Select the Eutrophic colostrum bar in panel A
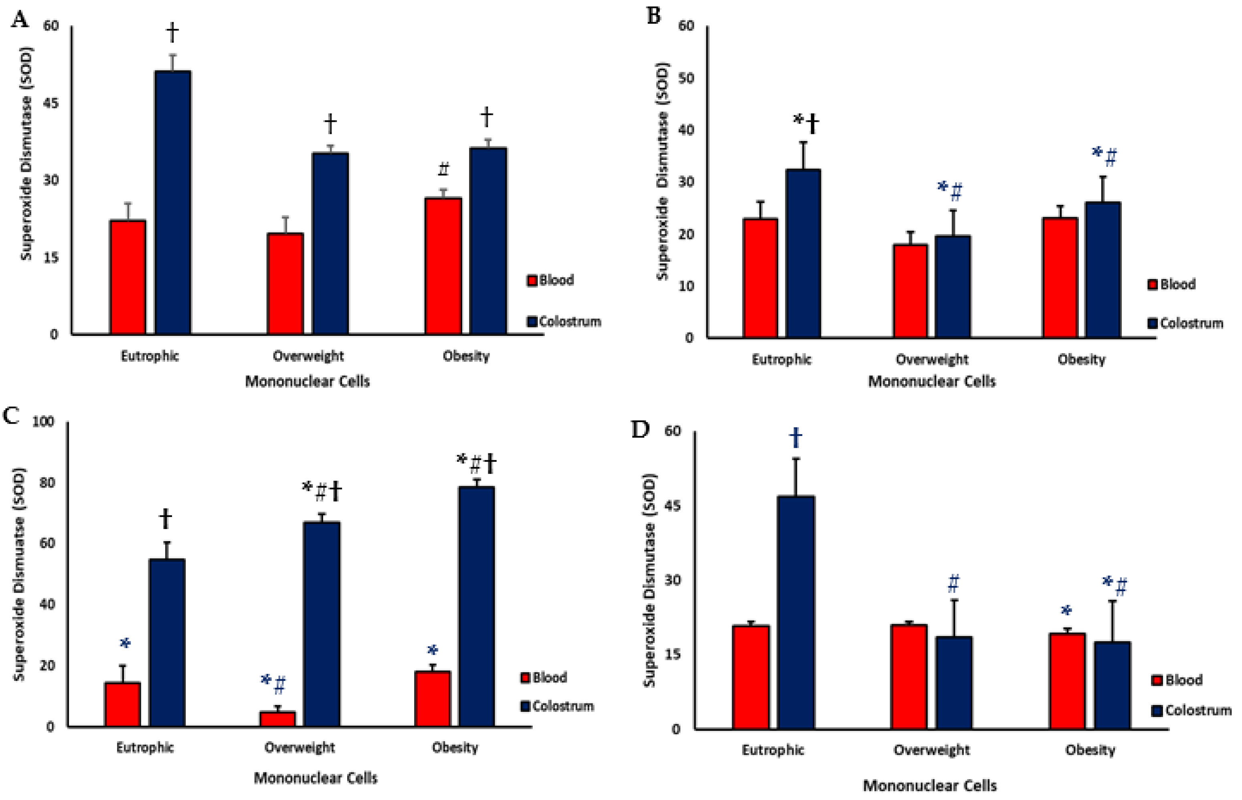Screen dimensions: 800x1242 click(x=173, y=202)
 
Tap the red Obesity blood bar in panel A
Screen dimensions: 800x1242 click(x=443, y=266)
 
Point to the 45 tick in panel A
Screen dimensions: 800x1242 click(x=51, y=103)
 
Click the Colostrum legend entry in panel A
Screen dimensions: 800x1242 click(x=564, y=321)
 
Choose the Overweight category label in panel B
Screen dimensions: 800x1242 click(x=932, y=360)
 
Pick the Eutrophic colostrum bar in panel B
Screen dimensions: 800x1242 click(x=803, y=253)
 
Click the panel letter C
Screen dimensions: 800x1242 click(x=12, y=416)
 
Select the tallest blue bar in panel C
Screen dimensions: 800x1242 click(x=476, y=606)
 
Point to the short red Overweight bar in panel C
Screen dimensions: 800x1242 click(x=277, y=719)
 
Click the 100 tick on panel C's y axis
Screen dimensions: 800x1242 click(x=44, y=421)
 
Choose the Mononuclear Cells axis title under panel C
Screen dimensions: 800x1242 click(x=315, y=778)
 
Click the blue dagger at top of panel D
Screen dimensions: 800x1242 click(x=796, y=438)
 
